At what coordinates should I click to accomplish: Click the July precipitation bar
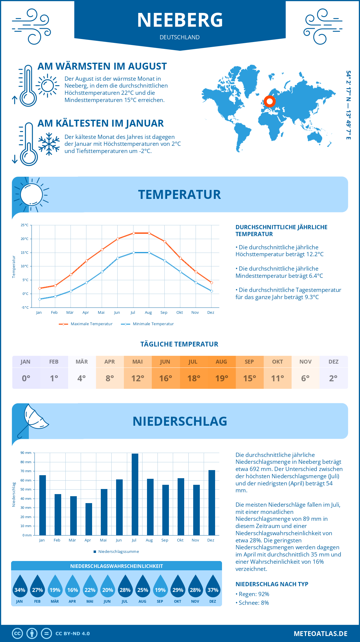(135, 494)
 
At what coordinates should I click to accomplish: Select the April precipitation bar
(89, 519)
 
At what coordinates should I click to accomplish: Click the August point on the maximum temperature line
(149, 233)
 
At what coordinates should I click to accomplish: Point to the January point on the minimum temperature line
(40, 299)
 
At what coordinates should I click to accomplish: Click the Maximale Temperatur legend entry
(86, 324)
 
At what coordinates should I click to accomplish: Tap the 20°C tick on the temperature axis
(25, 239)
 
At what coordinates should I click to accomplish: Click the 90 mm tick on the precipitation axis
(26, 453)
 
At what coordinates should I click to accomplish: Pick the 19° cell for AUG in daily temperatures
(222, 378)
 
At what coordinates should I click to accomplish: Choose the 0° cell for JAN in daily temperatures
(26, 378)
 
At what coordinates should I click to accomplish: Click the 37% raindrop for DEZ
(213, 587)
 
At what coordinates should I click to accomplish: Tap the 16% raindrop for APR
(73, 587)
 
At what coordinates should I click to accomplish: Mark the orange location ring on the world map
(270, 101)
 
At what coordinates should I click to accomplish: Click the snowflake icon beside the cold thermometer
(49, 144)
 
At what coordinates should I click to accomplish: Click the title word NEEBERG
(180, 20)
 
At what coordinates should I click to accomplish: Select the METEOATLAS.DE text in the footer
(320, 634)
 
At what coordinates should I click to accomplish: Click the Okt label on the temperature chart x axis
(179, 313)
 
